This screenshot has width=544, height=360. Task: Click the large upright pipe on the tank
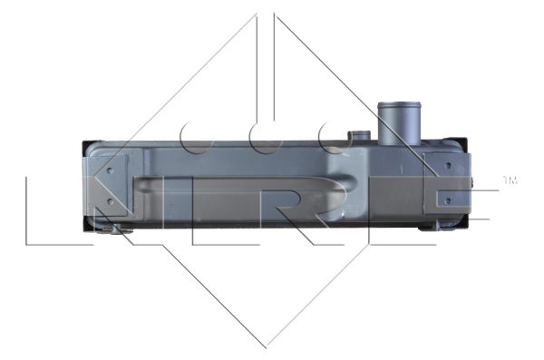click(399, 123)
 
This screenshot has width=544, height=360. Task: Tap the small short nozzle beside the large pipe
click(360, 136)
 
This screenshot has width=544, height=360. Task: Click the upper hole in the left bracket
click(110, 170)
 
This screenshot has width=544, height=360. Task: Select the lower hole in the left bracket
click(110, 201)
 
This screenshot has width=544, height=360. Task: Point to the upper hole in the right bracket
click(448, 165)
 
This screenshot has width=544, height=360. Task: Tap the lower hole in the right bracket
click(448, 200)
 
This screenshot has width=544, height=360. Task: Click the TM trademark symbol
click(510, 180)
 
